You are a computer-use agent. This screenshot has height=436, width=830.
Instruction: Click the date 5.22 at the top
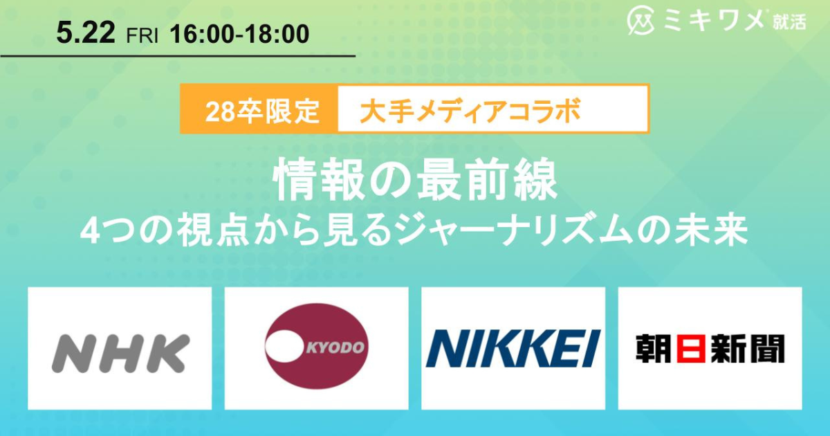coord(86,33)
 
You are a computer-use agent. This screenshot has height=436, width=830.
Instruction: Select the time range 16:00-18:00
coord(239,34)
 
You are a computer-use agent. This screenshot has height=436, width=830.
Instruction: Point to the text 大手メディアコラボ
coord(470,109)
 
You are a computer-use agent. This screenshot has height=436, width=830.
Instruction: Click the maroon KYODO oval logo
coord(317,347)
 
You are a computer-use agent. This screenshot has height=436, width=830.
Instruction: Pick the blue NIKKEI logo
coord(513,348)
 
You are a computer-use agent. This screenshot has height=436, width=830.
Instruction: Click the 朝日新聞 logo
coord(710,348)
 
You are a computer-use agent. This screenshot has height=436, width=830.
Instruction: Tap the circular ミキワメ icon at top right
coord(640,21)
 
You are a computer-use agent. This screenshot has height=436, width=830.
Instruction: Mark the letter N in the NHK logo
coord(73,352)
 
